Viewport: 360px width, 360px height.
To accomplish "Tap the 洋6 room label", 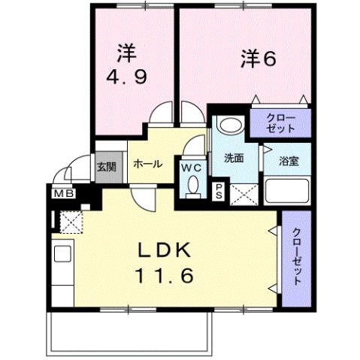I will [x=255, y=58].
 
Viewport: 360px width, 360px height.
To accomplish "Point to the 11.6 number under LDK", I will [x=165, y=276].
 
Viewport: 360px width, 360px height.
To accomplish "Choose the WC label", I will [x=191, y=167].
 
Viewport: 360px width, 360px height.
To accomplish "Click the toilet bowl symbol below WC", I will [x=192, y=184].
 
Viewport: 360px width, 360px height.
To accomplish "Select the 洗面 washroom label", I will [x=234, y=159].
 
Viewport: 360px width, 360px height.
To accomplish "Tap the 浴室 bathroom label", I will [x=289, y=160].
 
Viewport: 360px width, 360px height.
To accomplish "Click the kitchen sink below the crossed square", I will [x=62, y=252].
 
